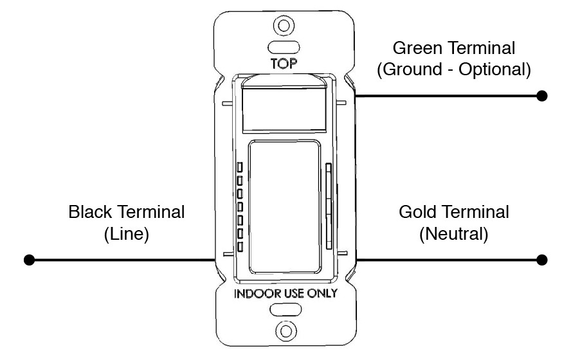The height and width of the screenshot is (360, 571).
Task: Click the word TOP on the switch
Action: pos(284,64)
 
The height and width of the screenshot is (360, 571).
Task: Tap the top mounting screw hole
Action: pos(284,26)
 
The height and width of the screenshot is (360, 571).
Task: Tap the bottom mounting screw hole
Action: pos(286,331)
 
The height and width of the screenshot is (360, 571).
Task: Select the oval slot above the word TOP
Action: pos(284,48)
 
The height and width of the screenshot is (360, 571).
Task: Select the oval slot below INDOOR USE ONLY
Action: pos(285,310)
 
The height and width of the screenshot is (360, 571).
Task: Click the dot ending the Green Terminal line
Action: pos(542,96)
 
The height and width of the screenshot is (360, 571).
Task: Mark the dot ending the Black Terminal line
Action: pos(29,260)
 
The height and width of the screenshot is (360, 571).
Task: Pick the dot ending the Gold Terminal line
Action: pos(542,260)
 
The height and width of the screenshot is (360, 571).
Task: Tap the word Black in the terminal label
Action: pos(90,212)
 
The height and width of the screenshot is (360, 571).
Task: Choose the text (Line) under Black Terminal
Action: pos(127,234)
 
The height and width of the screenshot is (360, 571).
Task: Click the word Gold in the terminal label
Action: pos(417,212)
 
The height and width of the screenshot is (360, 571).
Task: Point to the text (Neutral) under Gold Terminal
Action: pos(454,234)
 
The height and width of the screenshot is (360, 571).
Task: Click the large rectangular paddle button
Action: pos(285,207)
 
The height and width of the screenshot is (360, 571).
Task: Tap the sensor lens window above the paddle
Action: pos(284,109)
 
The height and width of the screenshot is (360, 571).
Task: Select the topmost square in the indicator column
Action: pos(240,167)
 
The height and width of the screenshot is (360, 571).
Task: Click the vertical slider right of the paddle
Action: pos(329,206)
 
